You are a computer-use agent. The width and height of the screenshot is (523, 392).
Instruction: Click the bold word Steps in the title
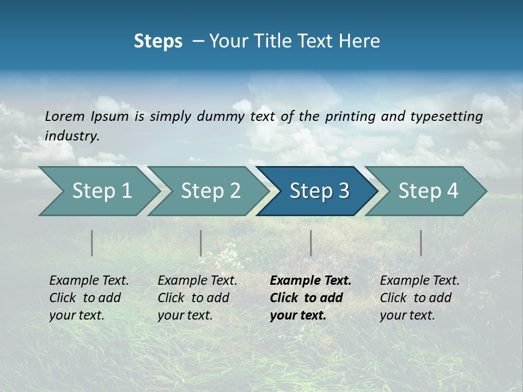158,41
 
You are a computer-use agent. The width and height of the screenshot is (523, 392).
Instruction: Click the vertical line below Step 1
92,243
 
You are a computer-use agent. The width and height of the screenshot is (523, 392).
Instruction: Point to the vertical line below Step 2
201,243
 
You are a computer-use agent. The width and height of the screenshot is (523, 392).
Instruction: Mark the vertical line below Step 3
311,243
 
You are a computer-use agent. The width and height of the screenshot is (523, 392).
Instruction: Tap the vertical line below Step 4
421,243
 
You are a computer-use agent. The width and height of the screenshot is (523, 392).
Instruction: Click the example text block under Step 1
89,298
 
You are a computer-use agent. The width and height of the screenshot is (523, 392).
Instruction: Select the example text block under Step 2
197,298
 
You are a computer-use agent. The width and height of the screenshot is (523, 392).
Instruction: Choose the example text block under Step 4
419,298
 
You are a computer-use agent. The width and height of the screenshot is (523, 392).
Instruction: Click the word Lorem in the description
64,116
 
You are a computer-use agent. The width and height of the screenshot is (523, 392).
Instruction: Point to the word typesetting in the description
446,116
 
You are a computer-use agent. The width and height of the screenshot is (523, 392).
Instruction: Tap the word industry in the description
71,136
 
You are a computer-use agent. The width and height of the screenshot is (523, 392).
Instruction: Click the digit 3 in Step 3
343,191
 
